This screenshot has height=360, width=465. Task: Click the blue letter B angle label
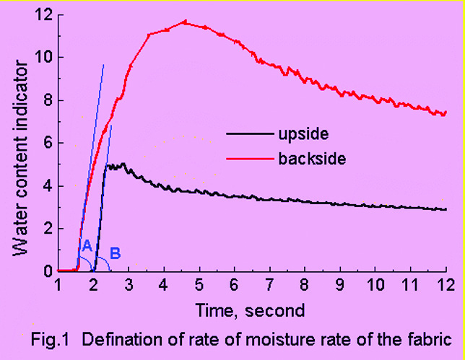[115, 254]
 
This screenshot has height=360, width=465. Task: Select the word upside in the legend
[297, 133]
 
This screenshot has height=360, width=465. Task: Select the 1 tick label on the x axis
[58, 286]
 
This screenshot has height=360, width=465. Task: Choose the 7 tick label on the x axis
[269, 286]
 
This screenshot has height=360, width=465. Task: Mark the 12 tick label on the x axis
[446, 286]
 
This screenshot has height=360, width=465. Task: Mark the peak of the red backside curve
[184, 22]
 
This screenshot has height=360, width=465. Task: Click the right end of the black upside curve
[446, 209]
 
